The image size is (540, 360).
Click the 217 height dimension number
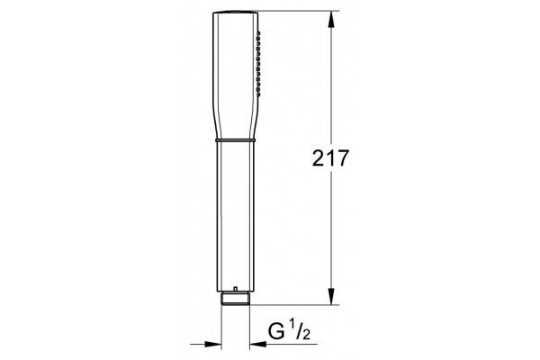point(330,158)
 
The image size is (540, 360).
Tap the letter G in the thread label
point(276,332)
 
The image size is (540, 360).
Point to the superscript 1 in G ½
point(292,325)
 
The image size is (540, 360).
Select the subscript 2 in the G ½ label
point(305,334)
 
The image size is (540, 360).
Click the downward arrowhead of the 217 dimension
point(331,296)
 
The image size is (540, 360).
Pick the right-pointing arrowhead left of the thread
point(212,344)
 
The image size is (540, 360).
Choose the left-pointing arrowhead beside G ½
point(258,344)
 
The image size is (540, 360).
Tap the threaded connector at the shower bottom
point(235,298)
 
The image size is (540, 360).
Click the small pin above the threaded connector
point(235,289)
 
